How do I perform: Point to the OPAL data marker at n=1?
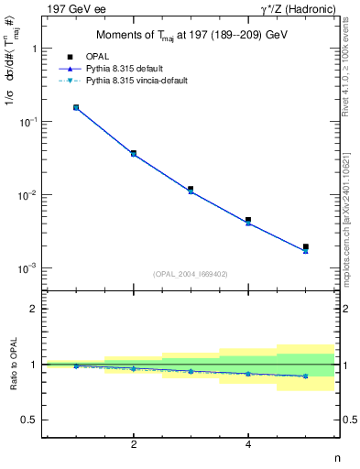(x=76, y=107)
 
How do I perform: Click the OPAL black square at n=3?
(x=191, y=189)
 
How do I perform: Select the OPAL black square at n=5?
(x=306, y=246)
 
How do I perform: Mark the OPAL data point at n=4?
(x=248, y=220)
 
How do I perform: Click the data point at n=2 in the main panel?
(x=134, y=153)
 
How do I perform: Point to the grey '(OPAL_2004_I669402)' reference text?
(x=191, y=273)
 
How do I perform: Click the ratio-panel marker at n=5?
(x=306, y=376)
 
